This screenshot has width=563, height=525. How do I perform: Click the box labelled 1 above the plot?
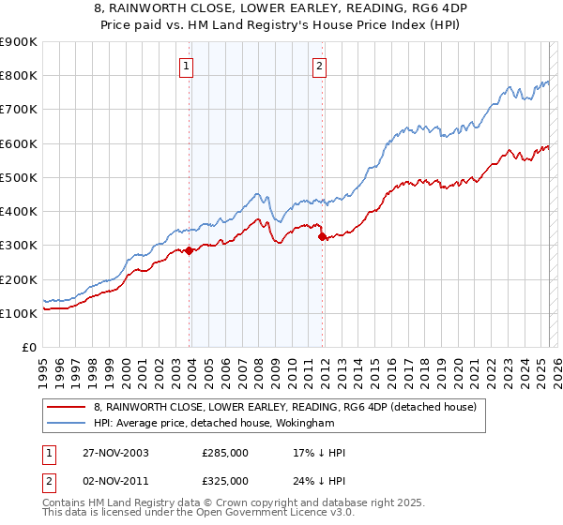tap(188, 66)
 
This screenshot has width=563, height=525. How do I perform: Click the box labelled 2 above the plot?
tap(320, 66)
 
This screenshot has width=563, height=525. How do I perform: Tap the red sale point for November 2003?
tap(190, 250)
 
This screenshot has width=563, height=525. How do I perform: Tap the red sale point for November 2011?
tap(322, 237)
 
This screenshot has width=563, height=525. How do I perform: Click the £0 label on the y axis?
tap(28, 347)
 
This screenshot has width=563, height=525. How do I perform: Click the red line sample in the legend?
tap(66, 407)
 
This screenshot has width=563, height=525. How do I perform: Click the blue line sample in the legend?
tap(66, 423)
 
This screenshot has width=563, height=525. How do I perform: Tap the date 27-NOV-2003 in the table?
tap(118, 453)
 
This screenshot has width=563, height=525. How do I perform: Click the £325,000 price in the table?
tap(225, 481)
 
